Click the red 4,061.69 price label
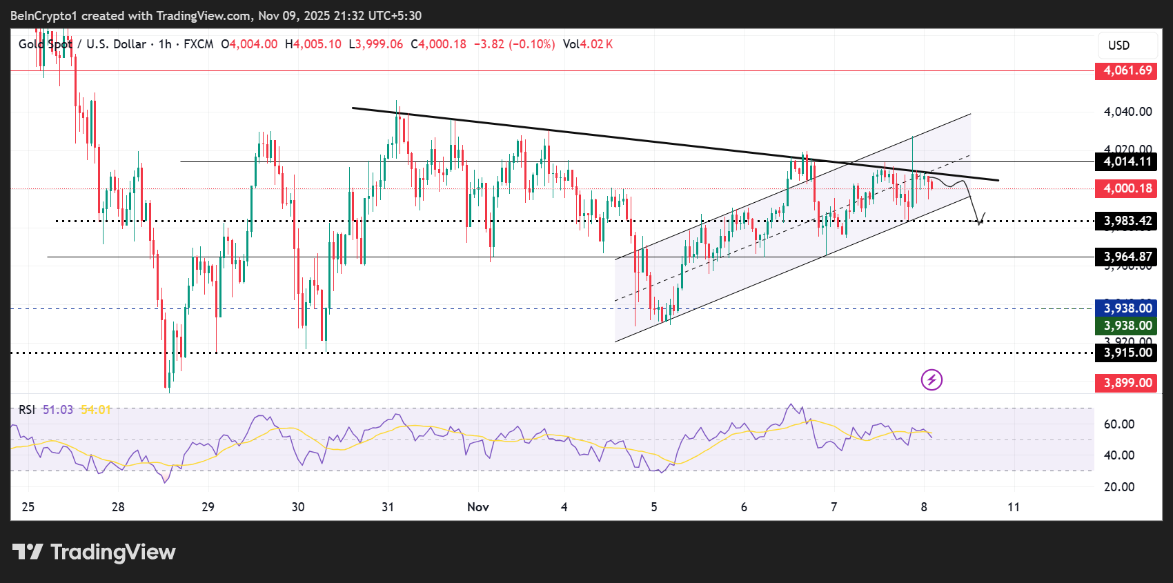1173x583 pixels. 1127,70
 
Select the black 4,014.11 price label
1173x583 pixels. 1127,161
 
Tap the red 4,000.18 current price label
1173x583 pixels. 1127,188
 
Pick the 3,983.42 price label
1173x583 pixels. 1127,221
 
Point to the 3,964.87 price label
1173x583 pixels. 1127,257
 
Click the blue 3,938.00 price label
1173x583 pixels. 1127,308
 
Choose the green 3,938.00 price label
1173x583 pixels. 1127,326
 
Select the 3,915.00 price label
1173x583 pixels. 1127,353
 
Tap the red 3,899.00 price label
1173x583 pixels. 1127,383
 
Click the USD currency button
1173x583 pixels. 1118,46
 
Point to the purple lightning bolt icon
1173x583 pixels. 931,379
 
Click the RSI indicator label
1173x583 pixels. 26,410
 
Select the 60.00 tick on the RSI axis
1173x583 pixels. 1118,424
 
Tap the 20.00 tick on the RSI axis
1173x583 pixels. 1118,487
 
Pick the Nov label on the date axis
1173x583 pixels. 477,507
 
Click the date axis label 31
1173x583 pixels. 388,507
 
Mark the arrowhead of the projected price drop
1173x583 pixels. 979,221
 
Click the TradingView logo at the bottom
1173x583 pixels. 95,552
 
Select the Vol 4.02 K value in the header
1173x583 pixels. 588,44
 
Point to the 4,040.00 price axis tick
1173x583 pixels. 1127,112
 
